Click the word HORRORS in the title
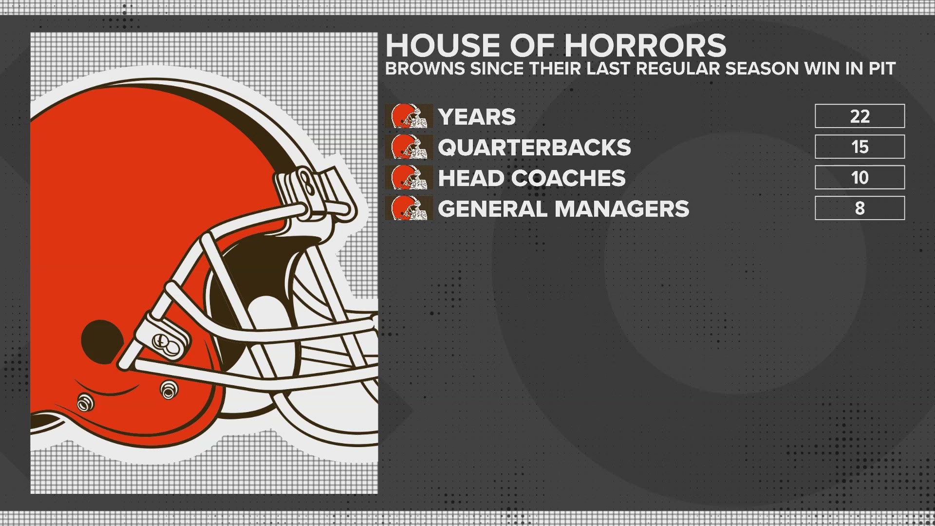(645, 45)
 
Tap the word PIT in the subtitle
(882, 69)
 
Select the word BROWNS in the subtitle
(425, 69)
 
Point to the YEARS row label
(477, 116)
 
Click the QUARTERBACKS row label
(534, 147)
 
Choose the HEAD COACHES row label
(531, 178)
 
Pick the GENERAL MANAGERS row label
(563, 208)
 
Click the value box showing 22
(860, 116)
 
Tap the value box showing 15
(860, 147)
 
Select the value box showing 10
(860, 177)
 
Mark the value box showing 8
(860, 208)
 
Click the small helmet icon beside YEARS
(409, 116)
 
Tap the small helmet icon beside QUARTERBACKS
(409, 147)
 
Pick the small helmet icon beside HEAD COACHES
(409, 177)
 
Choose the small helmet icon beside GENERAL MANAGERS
(409, 208)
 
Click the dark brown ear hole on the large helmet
(101, 341)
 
